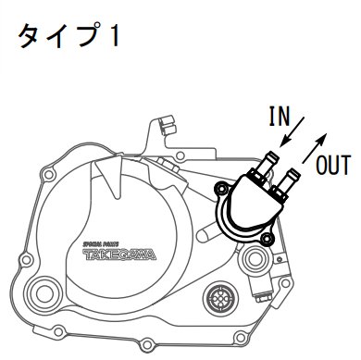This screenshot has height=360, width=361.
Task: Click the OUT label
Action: [x=332, y=166]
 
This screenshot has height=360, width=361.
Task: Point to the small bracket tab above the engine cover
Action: [x=165, y=122]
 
